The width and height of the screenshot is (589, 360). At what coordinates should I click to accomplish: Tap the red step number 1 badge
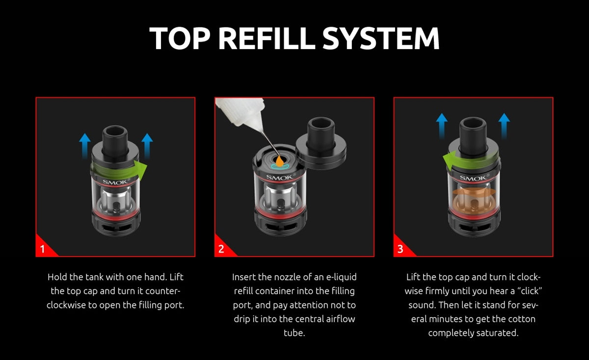pos(43,249)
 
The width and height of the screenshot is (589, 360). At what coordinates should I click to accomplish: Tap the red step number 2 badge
pos(221,249)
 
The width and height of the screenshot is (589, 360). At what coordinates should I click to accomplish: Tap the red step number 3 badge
pos(401,249)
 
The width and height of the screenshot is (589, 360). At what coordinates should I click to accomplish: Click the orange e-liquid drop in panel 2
pos(278,160)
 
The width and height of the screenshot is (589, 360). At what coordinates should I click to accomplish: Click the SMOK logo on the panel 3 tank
pos(473,178)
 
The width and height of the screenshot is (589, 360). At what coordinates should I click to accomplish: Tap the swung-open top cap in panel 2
pos(321,142)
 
